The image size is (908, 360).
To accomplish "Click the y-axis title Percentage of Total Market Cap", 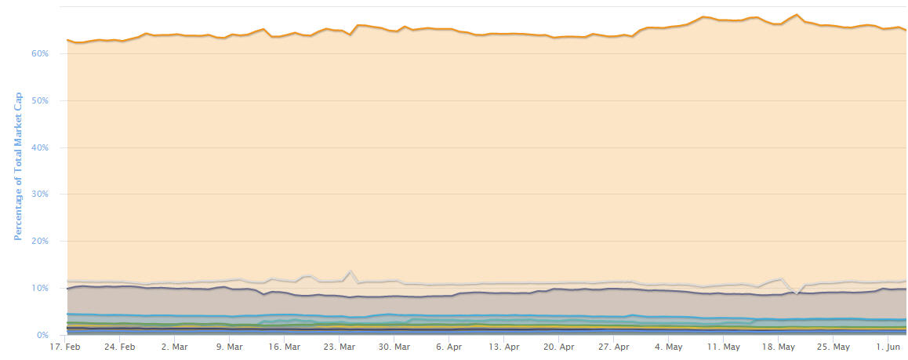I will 16,165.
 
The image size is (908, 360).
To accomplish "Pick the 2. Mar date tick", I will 175,347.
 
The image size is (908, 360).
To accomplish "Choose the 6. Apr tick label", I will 449,347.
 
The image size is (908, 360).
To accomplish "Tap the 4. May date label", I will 668,347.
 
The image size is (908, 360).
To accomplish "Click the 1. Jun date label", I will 887,347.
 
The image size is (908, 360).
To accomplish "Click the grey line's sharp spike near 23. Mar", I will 350,271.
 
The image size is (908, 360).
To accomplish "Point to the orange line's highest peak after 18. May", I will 797,15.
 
